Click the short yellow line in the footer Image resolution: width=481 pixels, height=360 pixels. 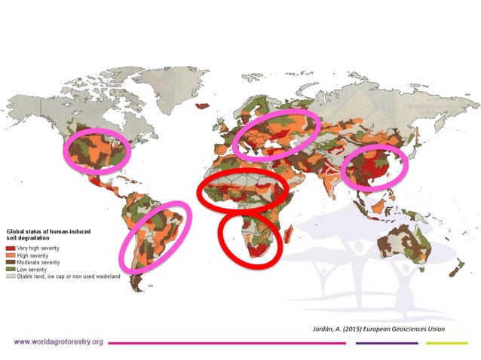446,342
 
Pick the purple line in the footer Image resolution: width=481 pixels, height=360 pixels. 386,342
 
